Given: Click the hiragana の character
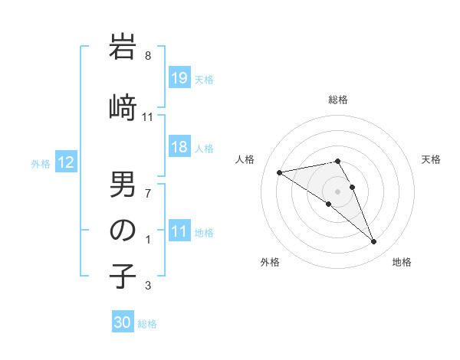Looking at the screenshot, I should click(x=123, y=231).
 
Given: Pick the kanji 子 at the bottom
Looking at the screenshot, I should click(x=123, y=277).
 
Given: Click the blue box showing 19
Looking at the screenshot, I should click(x=179, y=78).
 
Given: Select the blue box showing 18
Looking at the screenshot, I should click(x=179, y=148).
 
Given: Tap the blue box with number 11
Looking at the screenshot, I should click(x=179, y=232).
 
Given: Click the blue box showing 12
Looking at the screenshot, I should click(x=66, y=162).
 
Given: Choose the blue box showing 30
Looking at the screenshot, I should click(x=123, y=322).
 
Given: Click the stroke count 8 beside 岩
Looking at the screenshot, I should click(x=148, y=56).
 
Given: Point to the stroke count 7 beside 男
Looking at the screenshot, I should click(x=148, y=192).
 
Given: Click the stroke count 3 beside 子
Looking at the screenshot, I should click(x=148, y=286).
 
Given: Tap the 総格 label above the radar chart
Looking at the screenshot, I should click(x=337, y=100).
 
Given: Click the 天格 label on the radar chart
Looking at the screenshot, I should click(x=431, y=159).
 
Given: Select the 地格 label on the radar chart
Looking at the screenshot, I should click(x=402, y=262).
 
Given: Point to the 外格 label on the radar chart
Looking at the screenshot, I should click(x=270, y=262).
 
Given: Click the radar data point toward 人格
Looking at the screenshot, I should click(x=280, y=172).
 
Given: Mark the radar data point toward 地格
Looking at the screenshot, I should click(x=373, y=242).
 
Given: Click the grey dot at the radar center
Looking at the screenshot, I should click(x=337, y=190).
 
